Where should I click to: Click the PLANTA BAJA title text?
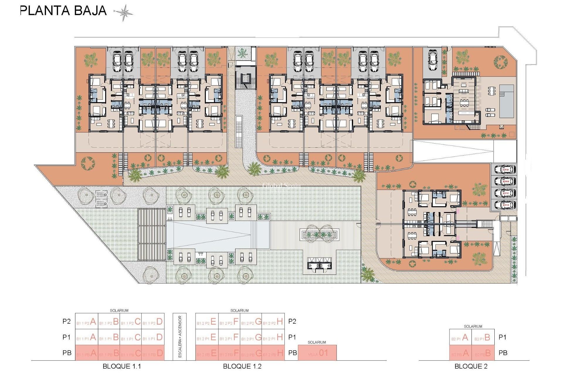coord(63,11)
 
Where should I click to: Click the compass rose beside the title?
coord(123,13)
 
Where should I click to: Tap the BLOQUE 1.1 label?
coord(122,366)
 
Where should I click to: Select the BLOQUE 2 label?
coord(471,366)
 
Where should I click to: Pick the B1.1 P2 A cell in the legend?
coord(87,322)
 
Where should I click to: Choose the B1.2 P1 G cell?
coord(251,337)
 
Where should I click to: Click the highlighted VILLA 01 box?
coord(317,353)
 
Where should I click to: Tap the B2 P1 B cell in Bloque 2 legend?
coord(483,337)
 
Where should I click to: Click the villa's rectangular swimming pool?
coord(506,101)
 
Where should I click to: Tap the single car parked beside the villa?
coord(433,60)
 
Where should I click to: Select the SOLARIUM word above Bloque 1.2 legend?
coord(239,311)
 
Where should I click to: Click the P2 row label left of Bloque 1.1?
coord(67,321)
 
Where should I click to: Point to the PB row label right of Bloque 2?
coord(503,353)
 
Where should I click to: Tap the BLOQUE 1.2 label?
coord(242,366)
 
